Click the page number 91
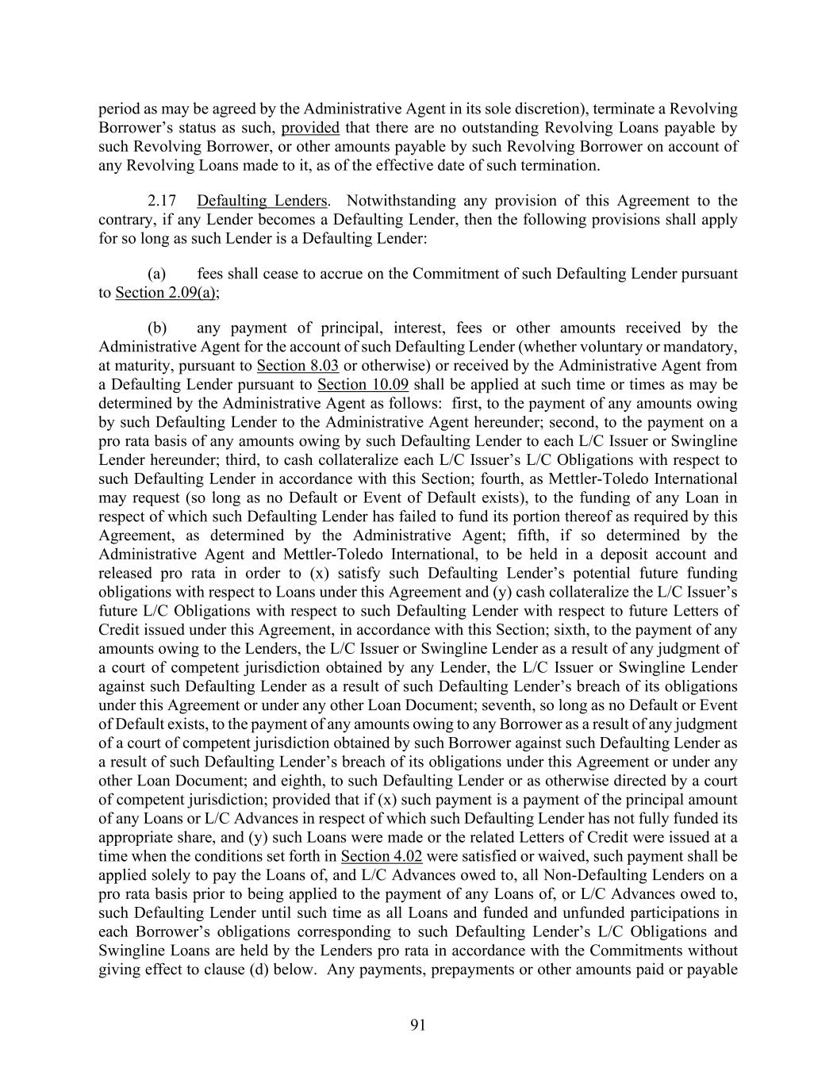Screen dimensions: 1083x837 [418, 1025]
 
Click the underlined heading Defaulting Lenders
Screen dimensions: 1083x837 [262, 201]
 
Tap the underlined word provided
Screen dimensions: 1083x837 [310, 128]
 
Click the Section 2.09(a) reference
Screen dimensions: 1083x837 [167, 293]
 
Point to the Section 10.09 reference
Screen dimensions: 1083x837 [363, 385]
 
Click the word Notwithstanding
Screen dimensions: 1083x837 [403, 201]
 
